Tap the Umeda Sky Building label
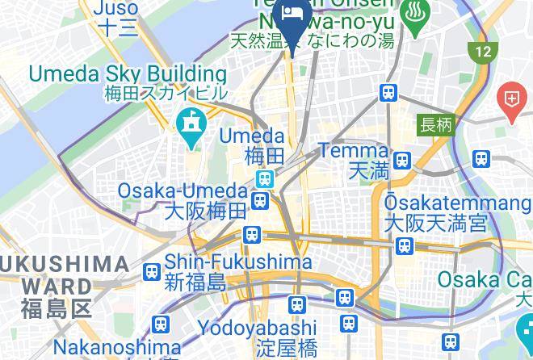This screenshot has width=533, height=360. pyautogui.click(x=127, y=74)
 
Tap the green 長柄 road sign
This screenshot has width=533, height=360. pyautogui.click(x=436, y=125)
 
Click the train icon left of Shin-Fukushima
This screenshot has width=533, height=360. pyautogui.click(x=150, y=272)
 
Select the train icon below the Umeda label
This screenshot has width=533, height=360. pyautogui.click(x=264, y=178)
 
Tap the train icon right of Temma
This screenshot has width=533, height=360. pyautogui.click(x=402, y=160)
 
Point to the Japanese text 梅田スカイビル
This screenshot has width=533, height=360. pyautogui.click(x=166, y=93)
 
